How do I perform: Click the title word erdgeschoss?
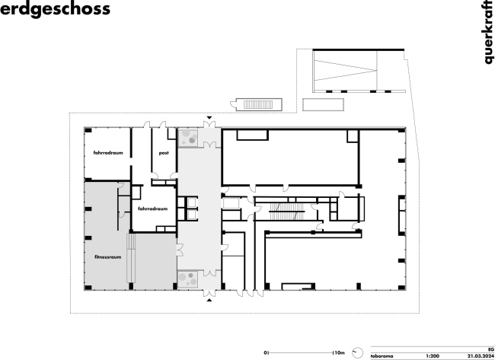(55, 9)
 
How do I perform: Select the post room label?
(164, 153)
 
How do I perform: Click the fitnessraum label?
(107, 256)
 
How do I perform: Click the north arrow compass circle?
(357, 352)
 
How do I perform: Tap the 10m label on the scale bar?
(339, 352)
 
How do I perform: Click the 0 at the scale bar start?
(266, 352)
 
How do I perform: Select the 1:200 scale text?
(433, 356)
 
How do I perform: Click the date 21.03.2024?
(481, 356)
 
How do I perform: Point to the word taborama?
(382, 356)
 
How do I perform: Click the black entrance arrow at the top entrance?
(209, 118)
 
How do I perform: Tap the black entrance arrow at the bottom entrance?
(209, 300)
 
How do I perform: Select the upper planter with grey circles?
(188, 138)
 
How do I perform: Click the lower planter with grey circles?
(188, 279)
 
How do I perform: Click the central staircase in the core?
(286, 212)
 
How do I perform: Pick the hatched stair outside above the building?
(258, 104)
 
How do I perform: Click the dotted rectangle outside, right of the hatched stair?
(323, 105)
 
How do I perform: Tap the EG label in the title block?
(491, 350)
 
